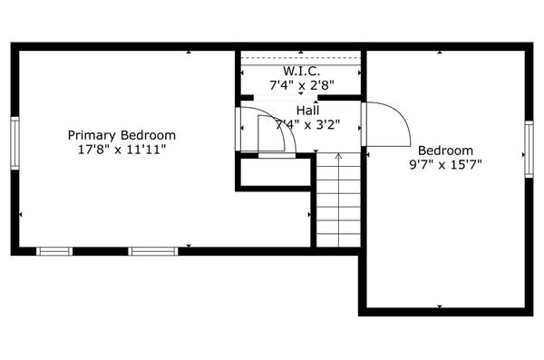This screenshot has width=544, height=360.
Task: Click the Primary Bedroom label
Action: [x=121, y=135]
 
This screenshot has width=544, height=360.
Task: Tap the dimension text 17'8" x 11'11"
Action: [x=121, y=150]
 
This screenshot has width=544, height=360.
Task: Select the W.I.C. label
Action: [x=301, y=71]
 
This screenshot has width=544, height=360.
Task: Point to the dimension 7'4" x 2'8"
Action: [x=301, y=85]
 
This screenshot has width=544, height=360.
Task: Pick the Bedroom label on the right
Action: [x=445, y=151]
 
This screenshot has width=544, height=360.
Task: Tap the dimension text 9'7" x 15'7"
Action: [x=445, y=165]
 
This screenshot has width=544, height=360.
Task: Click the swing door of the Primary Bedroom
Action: [x=272, y=134]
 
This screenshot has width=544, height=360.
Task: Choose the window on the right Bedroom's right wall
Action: [x=529, y=150]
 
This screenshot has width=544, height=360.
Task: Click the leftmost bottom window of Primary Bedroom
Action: [x=54, y=250]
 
